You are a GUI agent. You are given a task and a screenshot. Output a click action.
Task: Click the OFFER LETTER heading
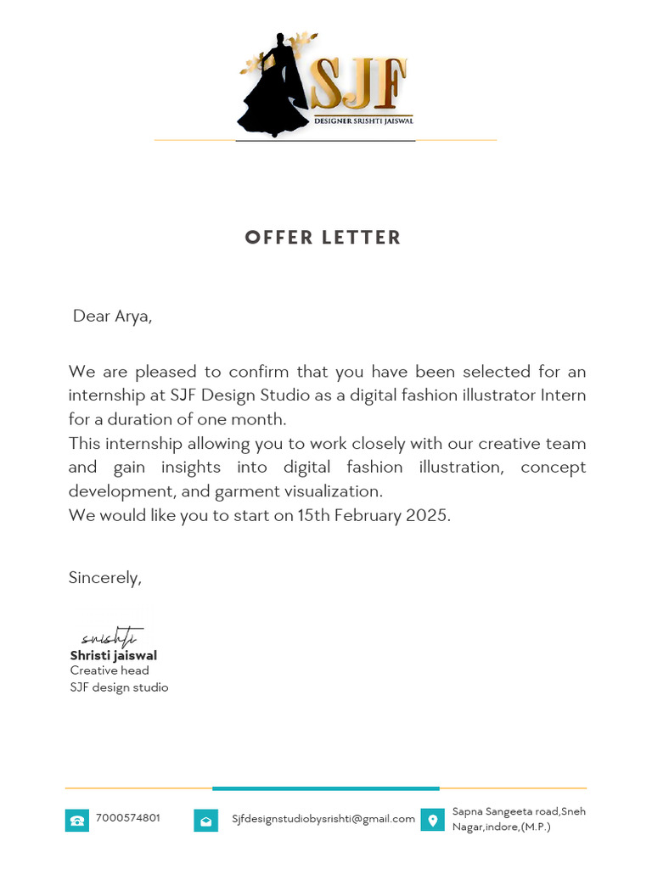323,238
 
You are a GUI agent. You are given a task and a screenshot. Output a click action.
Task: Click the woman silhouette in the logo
273,88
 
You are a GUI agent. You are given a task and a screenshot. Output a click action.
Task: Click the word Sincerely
104,578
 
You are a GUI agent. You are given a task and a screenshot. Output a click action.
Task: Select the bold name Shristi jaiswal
113,655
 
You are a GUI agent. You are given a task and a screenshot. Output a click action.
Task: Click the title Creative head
110,670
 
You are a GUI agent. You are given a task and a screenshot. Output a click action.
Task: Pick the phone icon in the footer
77,821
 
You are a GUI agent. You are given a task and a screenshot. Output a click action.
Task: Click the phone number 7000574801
128,818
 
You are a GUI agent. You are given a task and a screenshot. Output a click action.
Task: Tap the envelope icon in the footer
205,821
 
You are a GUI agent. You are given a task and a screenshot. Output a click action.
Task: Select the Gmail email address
323,819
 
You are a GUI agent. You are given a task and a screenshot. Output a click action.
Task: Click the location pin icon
432,820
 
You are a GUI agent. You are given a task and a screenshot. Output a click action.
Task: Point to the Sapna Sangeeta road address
518,819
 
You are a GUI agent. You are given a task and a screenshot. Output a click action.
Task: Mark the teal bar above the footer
325,788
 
